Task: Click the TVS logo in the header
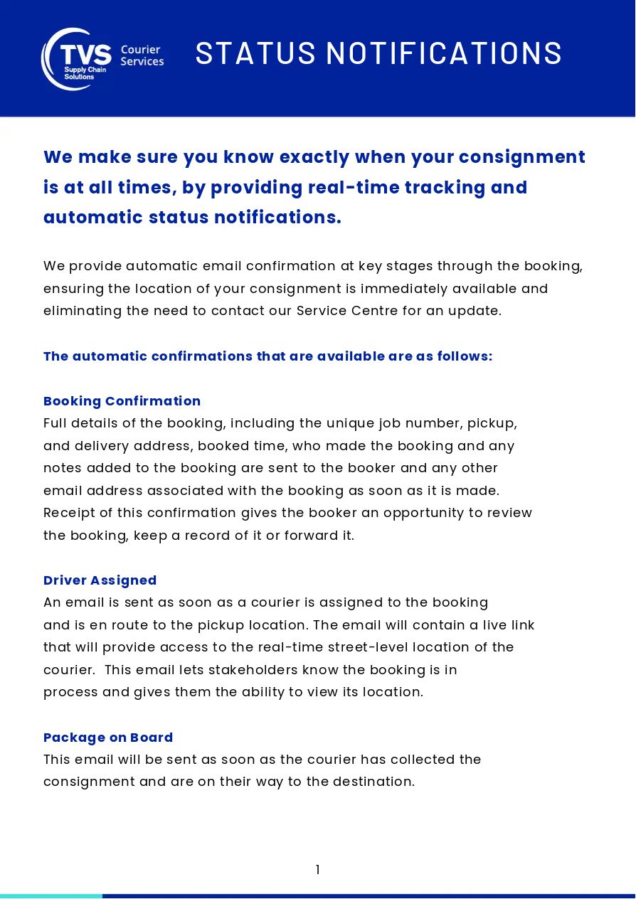[x=77, y=58]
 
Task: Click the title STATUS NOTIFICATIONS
[x=378, y=53]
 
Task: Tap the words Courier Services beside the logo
[x=142, y=55]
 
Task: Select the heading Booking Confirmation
[x=122, y=401]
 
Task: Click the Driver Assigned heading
[x=100, y=580]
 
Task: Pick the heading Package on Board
[x=108, y=738]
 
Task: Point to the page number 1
[x=317, y=870]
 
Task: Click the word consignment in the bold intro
[x=521, y=157]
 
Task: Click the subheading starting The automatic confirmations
[x=267, y=356]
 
